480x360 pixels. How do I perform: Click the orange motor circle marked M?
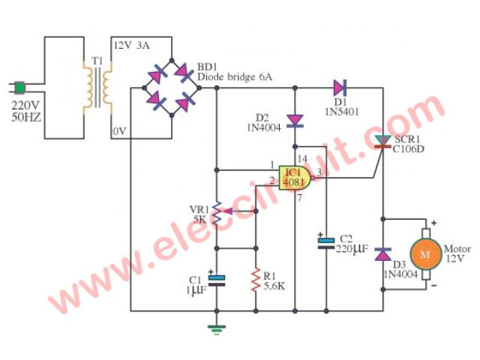[424, 255]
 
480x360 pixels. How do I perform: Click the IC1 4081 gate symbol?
[295, 178]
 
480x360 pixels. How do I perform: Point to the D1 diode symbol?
[341, 87]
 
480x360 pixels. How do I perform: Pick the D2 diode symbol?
[295, 119]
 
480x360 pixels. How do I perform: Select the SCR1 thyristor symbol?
[383, 139]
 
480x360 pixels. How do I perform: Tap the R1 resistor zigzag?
[256, 278]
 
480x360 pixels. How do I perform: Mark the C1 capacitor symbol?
[217, 280]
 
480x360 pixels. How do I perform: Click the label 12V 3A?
[134, 46]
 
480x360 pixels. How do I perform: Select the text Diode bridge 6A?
[235, 76]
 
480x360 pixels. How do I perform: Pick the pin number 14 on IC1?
[302, 158]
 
